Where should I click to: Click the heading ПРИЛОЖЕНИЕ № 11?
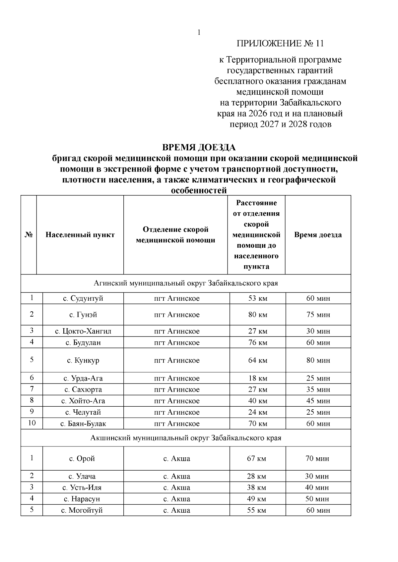(280, 44)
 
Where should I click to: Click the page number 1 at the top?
(199, 32)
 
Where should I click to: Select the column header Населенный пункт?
(80, 235)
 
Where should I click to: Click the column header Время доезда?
(318, 235)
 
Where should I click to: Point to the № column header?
(29, 235)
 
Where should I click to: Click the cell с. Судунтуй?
(83, 298)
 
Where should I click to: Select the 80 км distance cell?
(258, 315)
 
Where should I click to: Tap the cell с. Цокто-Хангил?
(83, 331)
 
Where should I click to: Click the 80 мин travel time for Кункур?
(318, 360)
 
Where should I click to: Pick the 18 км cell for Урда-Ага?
(258, 378)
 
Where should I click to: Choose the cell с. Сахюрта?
(83, 389)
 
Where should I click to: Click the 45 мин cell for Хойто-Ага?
(318, 401)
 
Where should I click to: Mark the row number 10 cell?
(32, 423)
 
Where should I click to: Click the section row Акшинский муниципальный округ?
(186, 438)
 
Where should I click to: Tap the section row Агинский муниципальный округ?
(186, 283)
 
